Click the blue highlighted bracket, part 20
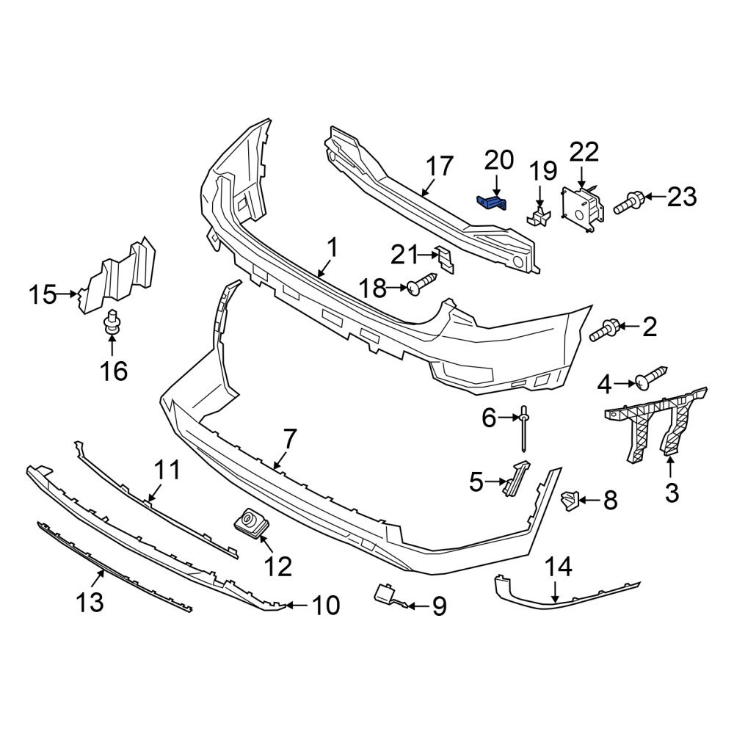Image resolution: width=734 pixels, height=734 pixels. [491, 203]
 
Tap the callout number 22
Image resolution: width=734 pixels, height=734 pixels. [584, 152]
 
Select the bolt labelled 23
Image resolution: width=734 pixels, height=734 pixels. [630, 203]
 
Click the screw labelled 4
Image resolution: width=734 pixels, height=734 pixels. [650, 377]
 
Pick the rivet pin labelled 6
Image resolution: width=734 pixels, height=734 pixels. [524, 429]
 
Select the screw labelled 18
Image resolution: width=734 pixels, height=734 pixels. [422, 283]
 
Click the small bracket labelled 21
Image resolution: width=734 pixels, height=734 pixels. [446, 259]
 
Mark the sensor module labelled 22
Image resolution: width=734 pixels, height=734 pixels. [583, 208]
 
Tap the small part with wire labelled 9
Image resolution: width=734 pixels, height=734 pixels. [390, 595]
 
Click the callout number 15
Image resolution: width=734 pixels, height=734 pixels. [43, 295]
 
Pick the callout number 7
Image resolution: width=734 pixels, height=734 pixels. [290, 440]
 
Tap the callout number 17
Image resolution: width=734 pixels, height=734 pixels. [440, 167]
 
